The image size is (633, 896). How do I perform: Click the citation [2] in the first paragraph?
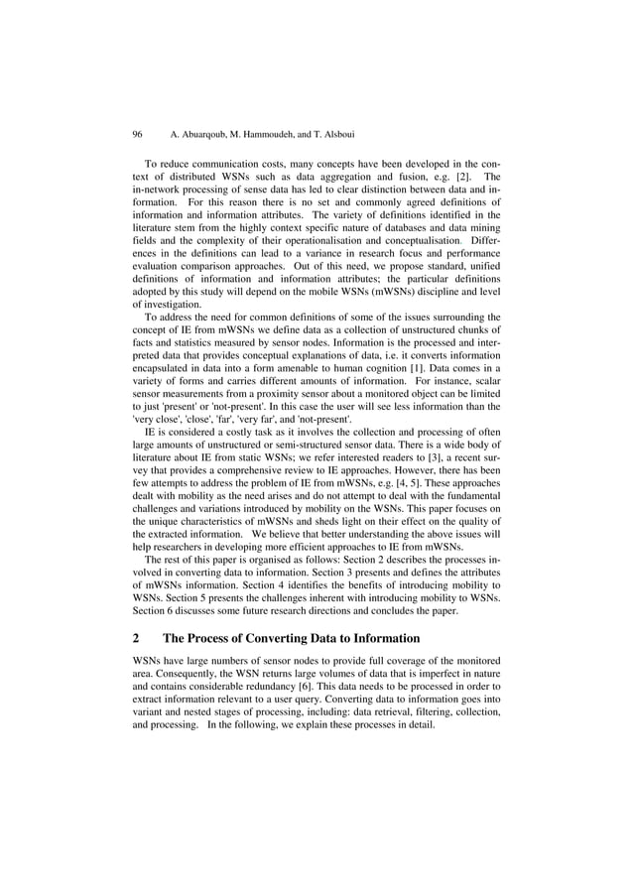click(462, 176)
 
